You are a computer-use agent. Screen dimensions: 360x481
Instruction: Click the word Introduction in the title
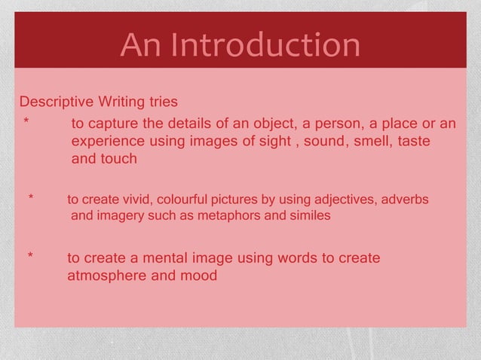pos(265,46)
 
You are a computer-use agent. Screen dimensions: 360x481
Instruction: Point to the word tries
pos(164,102)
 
